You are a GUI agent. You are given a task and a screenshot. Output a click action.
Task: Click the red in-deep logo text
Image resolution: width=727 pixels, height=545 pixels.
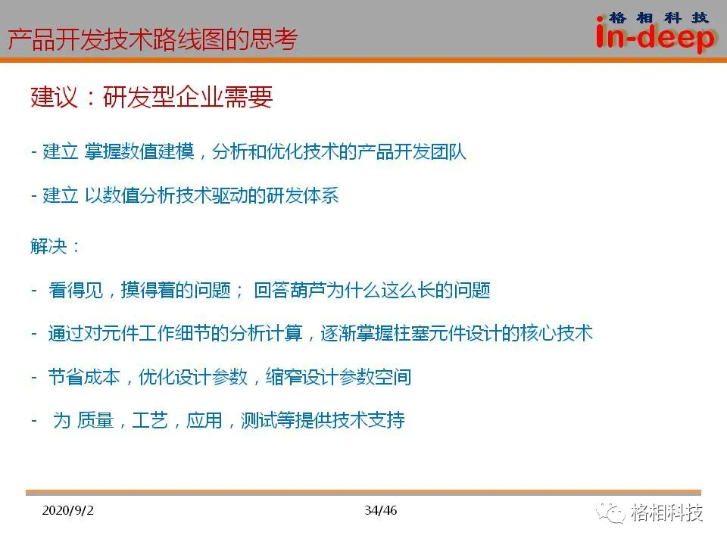pyautogui.click(x=655, y=37)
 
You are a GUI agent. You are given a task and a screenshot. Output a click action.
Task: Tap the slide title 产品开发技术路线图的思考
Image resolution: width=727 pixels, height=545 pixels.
pyautogui.click(x=152, y=39)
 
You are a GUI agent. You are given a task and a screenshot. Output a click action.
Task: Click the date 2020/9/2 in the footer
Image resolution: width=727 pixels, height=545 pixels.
pyautogui.click(x=67, y=510)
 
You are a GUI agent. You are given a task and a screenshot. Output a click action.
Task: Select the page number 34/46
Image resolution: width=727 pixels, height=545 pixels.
pyautogui.click(x=381, y=510)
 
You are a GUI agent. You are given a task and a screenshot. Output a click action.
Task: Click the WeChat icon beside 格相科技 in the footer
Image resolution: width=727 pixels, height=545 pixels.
pyautogui.click(x=610, y=512)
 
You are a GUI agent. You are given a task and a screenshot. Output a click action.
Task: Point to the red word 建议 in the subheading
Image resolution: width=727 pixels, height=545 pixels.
pyautogui.click(x=54, y=97)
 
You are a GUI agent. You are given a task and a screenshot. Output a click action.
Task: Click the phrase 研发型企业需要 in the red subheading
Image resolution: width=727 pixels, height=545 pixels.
pyautogui.click(x=188, y=97)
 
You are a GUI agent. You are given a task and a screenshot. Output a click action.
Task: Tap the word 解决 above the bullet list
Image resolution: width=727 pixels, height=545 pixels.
pyautogui.click(x=48, y=246)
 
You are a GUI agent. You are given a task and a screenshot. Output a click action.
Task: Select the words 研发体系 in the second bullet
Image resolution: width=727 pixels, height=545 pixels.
pyautogui.click(x=303, y=195)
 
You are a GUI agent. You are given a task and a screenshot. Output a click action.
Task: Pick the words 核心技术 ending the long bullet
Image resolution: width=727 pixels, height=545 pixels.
pyautogui.click(x=557, y=333)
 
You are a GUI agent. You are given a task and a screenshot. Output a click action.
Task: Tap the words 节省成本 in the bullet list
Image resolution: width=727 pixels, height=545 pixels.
pyautogui.click(x=84, y=377)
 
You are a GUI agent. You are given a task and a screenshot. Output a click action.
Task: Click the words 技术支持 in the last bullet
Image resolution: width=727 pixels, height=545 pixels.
pyautogui.click(x=369, y=420)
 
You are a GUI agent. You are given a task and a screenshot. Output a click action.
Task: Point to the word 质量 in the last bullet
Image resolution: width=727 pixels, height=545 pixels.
pyautogui.click(x=95, y=420)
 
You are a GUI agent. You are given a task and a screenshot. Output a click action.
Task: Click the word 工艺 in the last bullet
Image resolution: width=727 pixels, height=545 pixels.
pyautogui.click(x=150, y=420)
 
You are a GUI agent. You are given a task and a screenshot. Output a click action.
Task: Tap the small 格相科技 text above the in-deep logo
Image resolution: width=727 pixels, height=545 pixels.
pyautogui.click(x=658, y=18)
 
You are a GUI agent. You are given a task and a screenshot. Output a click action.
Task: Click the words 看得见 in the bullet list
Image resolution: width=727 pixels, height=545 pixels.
pyautogui.click(x=76, y=290)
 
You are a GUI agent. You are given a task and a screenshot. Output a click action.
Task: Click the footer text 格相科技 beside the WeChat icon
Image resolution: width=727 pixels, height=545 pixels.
pyautogui.click(x=666, y=512)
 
